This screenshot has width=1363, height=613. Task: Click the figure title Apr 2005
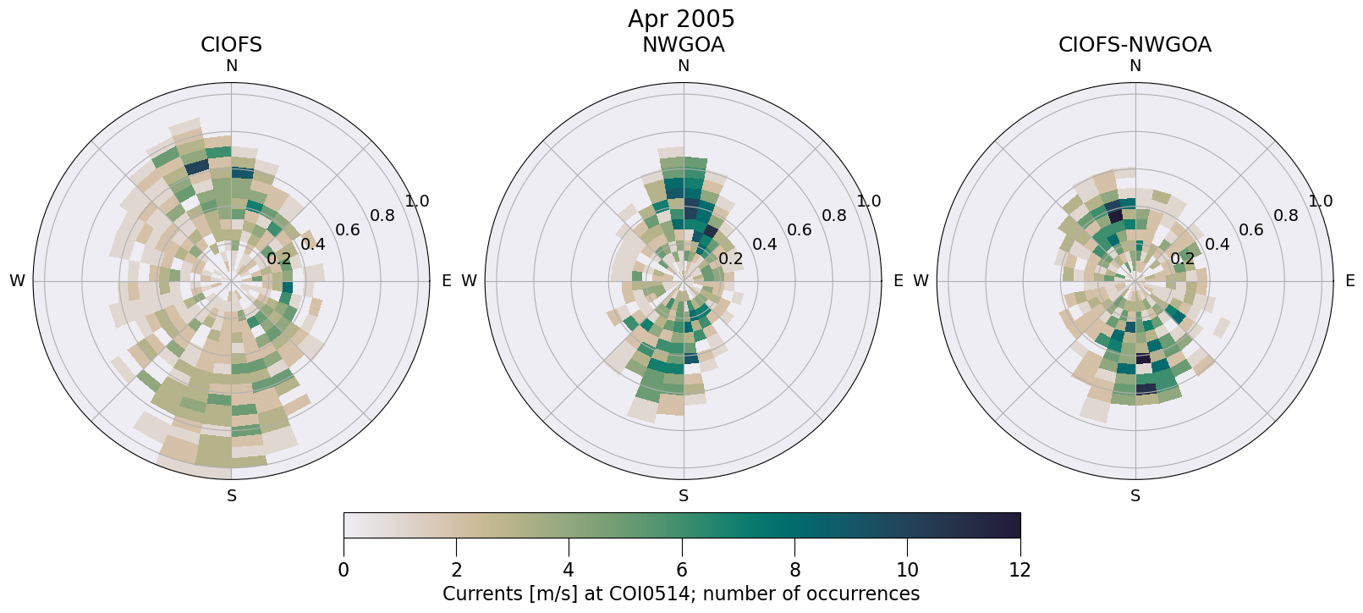click(x=681, y=19)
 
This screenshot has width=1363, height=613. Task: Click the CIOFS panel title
click(x=231, y=45)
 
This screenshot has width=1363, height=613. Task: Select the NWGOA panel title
click(x=683, y=45)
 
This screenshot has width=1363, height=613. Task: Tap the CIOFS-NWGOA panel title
click(x=1135, y=45)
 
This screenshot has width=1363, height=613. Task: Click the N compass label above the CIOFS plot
click(x=231, y=66)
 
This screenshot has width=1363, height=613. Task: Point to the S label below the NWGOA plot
click(x=684, y=496)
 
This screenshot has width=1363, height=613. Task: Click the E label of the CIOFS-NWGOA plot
click(x=1350, y=281)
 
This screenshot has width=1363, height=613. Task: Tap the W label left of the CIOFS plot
click(x=17, y=281)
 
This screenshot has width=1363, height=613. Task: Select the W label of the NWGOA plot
click(x=469, y=281)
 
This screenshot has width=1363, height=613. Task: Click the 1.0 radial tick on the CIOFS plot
click(x=417, y=202)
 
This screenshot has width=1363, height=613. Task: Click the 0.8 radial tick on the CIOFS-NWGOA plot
click(x=1286, y=216)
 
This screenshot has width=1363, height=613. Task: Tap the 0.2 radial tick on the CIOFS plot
click(x=278, y=259)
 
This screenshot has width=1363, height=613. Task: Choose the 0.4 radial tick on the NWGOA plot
click(x=765, y=245)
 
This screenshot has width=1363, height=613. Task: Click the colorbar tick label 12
click(x=1020, y=570)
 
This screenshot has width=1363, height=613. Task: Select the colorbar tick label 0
click(x=343, y=570)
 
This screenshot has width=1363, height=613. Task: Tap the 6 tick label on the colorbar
click(x=682, y=570)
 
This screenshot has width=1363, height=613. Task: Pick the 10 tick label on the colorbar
click(x=907, y=570)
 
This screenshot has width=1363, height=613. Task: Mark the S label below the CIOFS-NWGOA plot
click(x=1135, y=496)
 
